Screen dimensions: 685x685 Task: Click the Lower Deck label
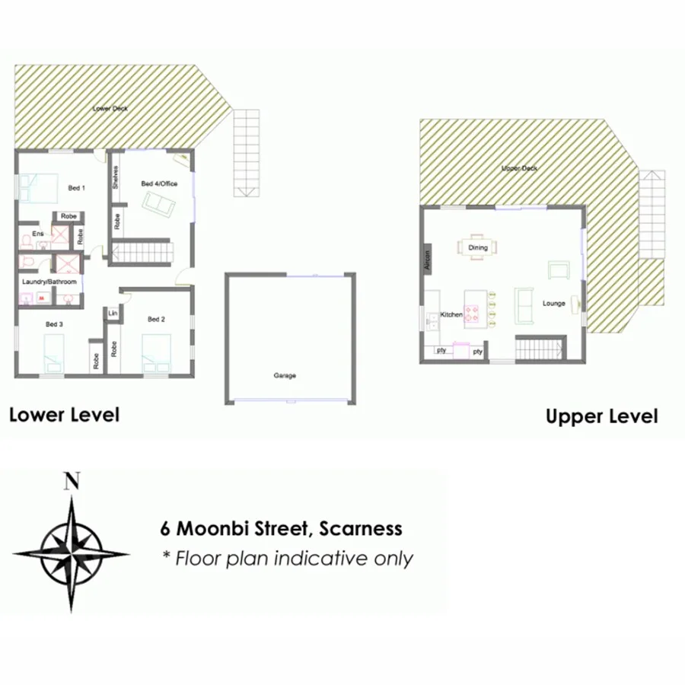pyautogui.click(x=110, y=109)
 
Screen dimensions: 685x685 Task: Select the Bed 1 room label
pyautogui.click(x=76, y=188)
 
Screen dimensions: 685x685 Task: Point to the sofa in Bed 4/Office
pyautogui.click(x=159, y=203)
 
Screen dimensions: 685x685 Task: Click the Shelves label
pyautogui.click(x=116, y=177)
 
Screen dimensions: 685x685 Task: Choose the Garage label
pyautogui.click(x=285, y=375)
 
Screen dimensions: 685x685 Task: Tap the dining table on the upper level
pyautogui.click(x=478, y=247)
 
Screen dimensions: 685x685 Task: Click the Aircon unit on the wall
pyautogui.click(x=427, y=260)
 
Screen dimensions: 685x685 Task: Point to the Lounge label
pyautogui.click(x=553, y=304)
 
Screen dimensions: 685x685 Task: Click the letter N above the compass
pyautogui.click(x=72, y=480)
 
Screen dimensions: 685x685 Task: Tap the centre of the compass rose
pyautogui.click(x=72, y=553)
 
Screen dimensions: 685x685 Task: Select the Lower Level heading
pyautogui.click(x=64, y=415)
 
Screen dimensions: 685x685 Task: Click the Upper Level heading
pyautogui.click(x=601, y=416)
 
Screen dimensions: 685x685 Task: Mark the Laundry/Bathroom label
pyautogui.click(x=49, y=282)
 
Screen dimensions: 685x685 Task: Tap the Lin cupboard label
pyautogui.click(x=113, y=314)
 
